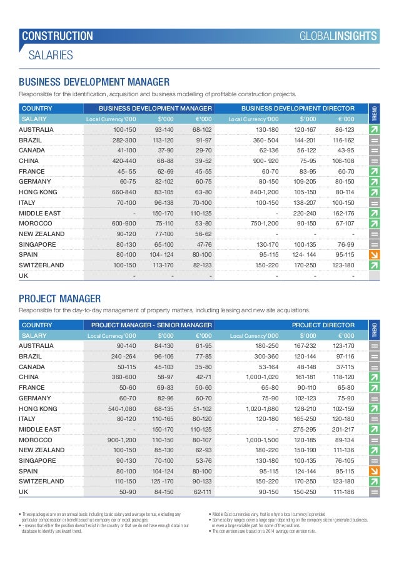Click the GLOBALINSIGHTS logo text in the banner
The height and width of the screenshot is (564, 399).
pyautogui.click(x=346, y=36)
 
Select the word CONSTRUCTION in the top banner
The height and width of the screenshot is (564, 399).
pyautogui.click(x=58, y=36)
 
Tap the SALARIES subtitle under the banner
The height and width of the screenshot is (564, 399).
pyautogui.click(x=51, y=56)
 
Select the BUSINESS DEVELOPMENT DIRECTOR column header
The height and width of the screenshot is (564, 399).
pyautogui.click(x=298, y=108)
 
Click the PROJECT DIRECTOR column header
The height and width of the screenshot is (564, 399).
pyautogui.click(x=323, y=325)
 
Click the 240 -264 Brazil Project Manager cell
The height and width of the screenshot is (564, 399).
pyautogui.click(x=123, y=356)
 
